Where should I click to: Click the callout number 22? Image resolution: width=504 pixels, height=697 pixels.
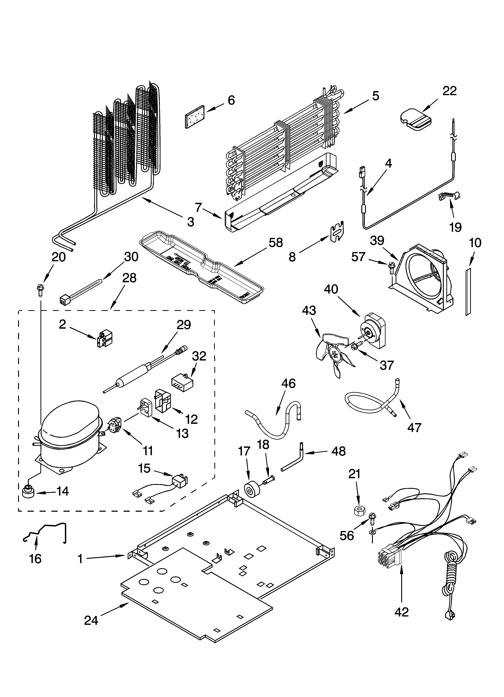[x=449, y=91]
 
